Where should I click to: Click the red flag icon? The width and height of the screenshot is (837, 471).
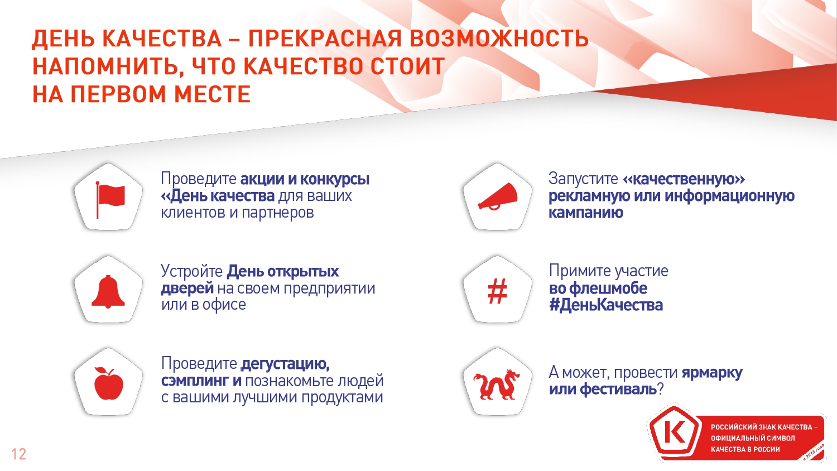[x=110, y=200]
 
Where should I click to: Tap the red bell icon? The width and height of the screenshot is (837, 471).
[x=108, y=291]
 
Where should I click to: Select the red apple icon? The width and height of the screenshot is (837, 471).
[x=108, y=384]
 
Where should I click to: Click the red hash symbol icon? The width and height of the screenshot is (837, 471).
[x=497, y=291]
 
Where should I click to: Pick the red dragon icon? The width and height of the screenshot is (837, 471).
[x=497, y=385]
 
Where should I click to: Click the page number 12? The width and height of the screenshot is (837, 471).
[x=18, y=454]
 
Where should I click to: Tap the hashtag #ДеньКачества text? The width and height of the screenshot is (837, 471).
[x=605, y=305]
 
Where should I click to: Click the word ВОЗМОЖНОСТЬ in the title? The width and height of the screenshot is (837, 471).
[x=499, y=39]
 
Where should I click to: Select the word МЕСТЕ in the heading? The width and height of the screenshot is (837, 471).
[x=212, y=94]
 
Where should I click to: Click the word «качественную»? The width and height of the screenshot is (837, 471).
[x=684, y=179]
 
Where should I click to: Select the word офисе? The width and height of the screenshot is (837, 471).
[x=224, y=305]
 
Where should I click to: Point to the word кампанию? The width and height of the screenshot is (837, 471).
[x=585, y=213]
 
